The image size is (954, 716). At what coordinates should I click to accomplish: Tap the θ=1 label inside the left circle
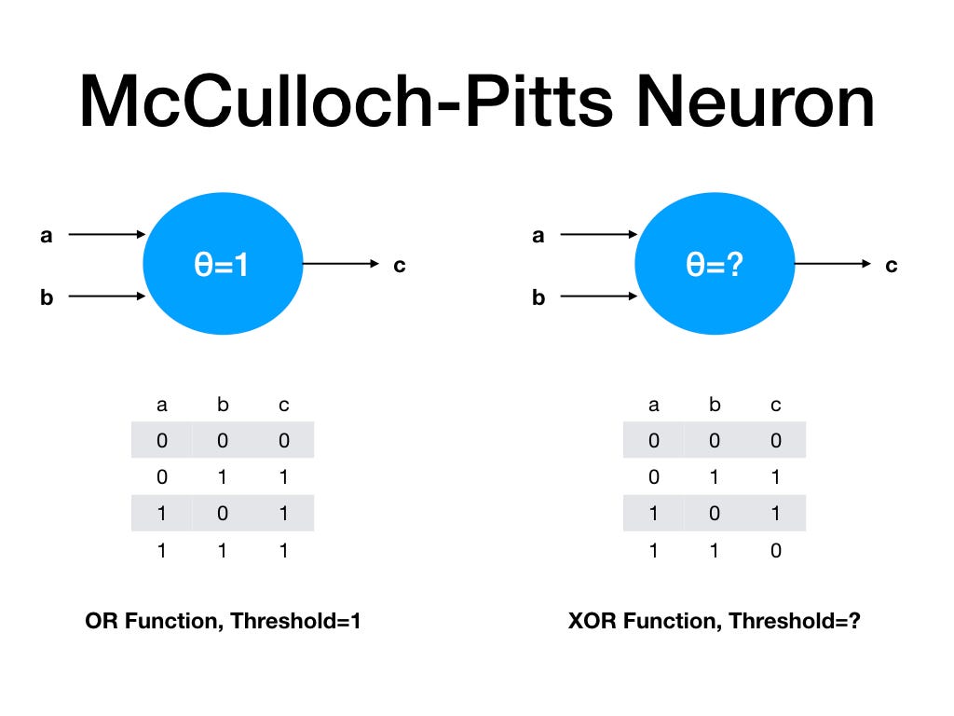[x=223, y=265]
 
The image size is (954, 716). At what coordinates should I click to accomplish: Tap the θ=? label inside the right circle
[x=715, y=265]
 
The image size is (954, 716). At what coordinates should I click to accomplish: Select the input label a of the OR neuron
[x=46, y=236]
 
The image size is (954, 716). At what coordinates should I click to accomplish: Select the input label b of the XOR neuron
[x=538, y=298]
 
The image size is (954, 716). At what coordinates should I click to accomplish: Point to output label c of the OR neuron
[x=399, y=266]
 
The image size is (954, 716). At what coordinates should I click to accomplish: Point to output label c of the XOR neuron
[x=891, y=266]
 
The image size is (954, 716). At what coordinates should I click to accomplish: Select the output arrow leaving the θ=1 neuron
[x=340, y=265]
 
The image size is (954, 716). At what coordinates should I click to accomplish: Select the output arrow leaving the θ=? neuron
[x=832, y=265]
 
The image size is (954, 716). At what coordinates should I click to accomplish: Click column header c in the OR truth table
[x=283, y=406]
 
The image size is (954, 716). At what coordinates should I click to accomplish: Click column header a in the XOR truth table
[x=654, y=406]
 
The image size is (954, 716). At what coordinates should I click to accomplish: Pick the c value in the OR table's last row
[x=283, y=550]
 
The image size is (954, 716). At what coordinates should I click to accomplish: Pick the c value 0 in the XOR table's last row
[x=775, y=550]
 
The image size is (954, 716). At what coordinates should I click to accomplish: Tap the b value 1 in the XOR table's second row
[x=715, y=477]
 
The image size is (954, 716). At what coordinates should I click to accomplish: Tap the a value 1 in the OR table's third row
[x=162, y=514]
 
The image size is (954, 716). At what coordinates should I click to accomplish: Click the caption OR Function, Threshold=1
[x=222, y=621]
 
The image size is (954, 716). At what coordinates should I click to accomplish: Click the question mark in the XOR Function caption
[x=852, y=621]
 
